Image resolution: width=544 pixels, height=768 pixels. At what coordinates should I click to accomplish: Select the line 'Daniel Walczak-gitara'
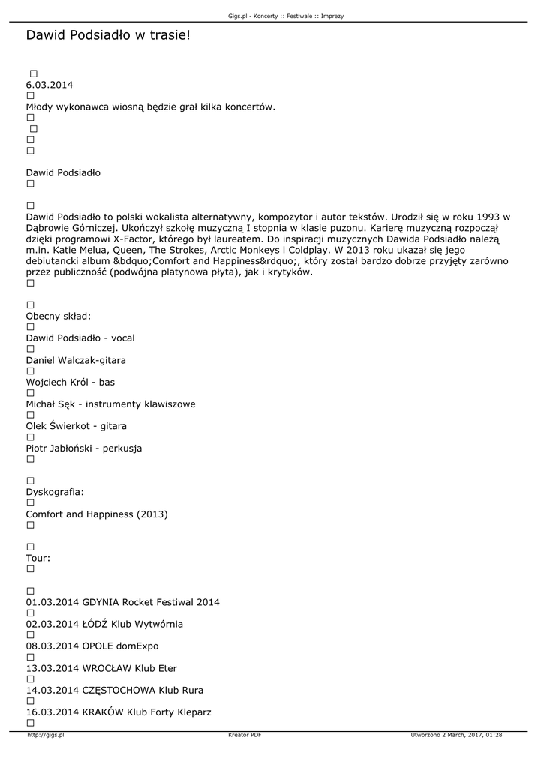[x=76, y=360]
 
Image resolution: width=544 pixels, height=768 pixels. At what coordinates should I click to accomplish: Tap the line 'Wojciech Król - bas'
[x=71, y=382]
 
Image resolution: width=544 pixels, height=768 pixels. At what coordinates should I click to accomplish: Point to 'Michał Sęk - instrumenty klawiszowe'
[x=110, y=404]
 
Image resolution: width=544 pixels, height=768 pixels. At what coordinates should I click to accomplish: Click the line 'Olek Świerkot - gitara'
[x=76, y=426]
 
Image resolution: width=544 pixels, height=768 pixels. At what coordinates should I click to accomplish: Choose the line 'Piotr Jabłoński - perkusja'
[x=84, y=448]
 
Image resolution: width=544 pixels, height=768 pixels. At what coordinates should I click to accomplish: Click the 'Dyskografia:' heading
[x=55, y=492]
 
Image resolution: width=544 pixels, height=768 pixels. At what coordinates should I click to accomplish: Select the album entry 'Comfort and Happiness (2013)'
[x=97, y=514]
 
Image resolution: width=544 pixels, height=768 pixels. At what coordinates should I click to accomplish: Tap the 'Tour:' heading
[x=38, y=558]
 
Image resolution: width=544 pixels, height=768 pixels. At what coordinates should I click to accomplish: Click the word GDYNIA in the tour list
[x=101, y=602]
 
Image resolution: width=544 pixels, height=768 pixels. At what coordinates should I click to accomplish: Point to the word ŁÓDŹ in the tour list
[x=96, y=624]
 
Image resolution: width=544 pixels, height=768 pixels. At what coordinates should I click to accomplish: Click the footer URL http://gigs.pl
[x=46, y=736]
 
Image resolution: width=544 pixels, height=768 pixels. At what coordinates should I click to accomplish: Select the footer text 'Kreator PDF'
[x=245, y=736]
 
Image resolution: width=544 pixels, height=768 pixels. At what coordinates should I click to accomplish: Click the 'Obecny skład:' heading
[x=59, y=316]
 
